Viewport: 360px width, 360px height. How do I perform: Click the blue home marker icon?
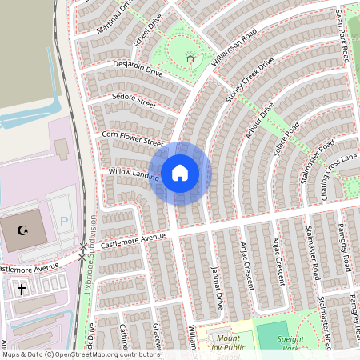tap(180, 172)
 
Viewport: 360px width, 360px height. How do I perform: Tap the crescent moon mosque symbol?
tap(24, 230)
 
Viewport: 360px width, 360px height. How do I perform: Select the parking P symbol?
tap(65, 220)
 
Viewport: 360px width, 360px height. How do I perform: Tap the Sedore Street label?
tap(134, 102)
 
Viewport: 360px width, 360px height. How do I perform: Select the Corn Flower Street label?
tap(133, 138)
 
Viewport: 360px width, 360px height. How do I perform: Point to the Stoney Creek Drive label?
tap(250, 79)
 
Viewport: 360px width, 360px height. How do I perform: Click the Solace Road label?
tap(286, 141)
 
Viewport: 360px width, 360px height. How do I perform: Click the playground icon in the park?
tap(190, 58)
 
